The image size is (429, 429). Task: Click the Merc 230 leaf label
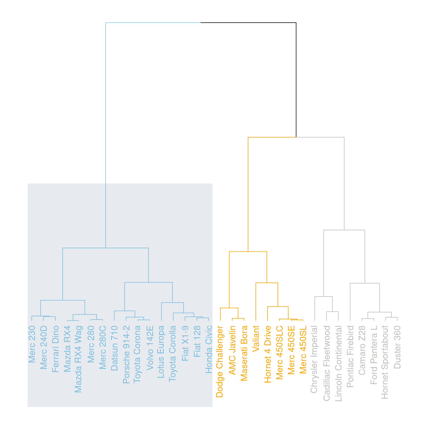pyautogui.click(x=32, y=344)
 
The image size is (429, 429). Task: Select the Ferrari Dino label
pyautogui.click(x=55, y=349)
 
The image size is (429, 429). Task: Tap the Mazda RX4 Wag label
pyautogui.click(x=79, y=359)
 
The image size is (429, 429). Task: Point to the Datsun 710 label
pyautogui.click(x=114, y=348)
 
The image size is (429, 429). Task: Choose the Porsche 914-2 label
pyautogui.click(x=126, y=354)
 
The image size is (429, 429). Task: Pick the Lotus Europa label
pyautogui.click(x=161, y=352)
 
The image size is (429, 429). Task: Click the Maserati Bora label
pyautogui.click(x=244, y=353)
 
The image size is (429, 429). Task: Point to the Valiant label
pyautogui.click(x=256, y=338)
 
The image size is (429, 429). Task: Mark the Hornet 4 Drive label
pyautogui.click(x=268, y=354)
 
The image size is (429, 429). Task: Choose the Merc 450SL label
pyautogui.click(x=303, y=349)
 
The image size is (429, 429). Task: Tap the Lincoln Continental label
pyautogui.click(x=338, y=364)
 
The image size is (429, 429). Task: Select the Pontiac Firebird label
pyautogui.click(x=350, y=356)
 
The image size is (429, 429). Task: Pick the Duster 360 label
pyautogui.click(x=397, y=347)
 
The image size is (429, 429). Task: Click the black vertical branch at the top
pyautogui.click(x=296, y=80)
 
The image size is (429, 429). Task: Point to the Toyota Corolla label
pyautogui.click(x=173, y=353)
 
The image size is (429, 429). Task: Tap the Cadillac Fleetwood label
pyautogui.click(x=326, y=363)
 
